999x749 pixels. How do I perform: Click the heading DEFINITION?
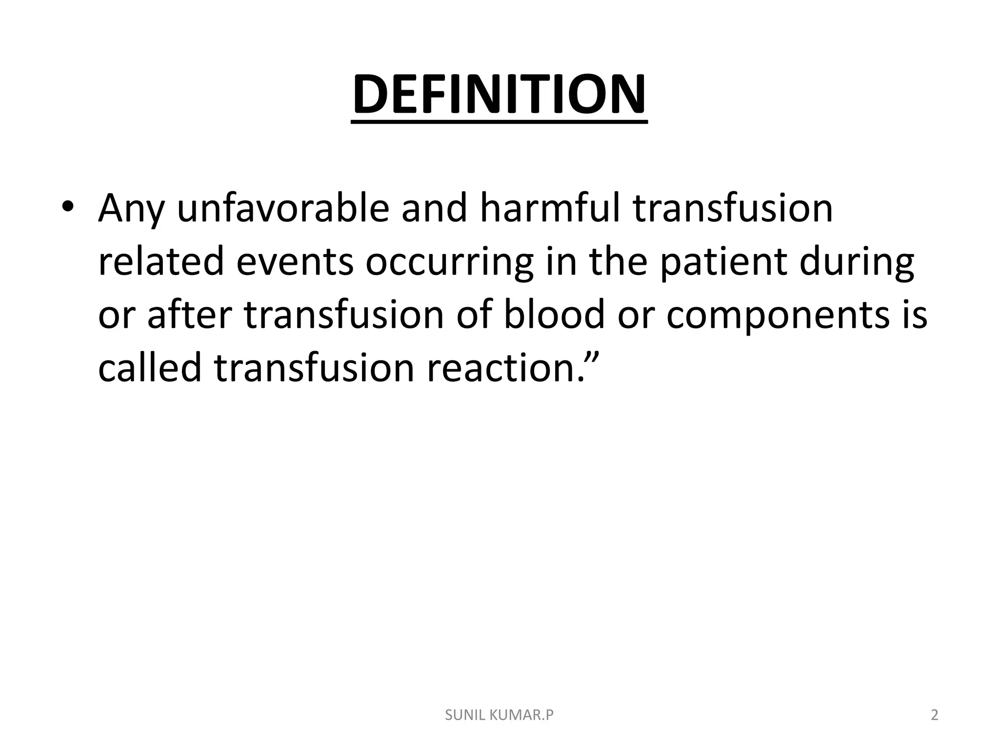[499, 95]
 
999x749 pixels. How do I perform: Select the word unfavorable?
[282, 208]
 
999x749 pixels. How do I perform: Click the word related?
[160, 262]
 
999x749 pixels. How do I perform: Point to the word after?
[188, 315]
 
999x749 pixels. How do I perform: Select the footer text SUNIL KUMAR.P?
[499, 715]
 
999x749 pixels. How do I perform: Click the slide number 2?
[934, 715]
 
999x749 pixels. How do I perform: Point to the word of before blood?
[474, 315]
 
